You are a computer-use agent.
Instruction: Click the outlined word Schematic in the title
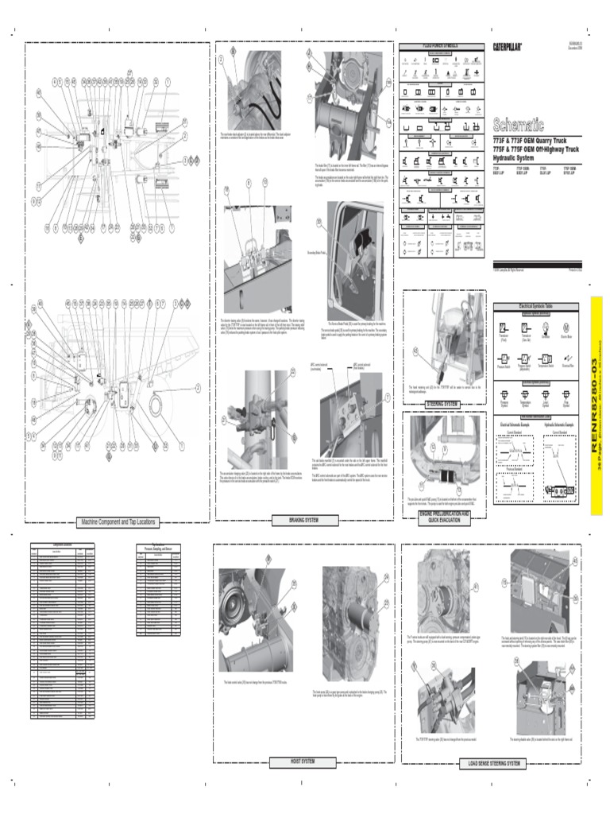click(519, 125)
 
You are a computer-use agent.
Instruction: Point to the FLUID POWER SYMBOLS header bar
click(441, 45)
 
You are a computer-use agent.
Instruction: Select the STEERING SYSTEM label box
click(442, 382)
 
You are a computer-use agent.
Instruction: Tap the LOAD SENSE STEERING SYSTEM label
click(490, 764)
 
